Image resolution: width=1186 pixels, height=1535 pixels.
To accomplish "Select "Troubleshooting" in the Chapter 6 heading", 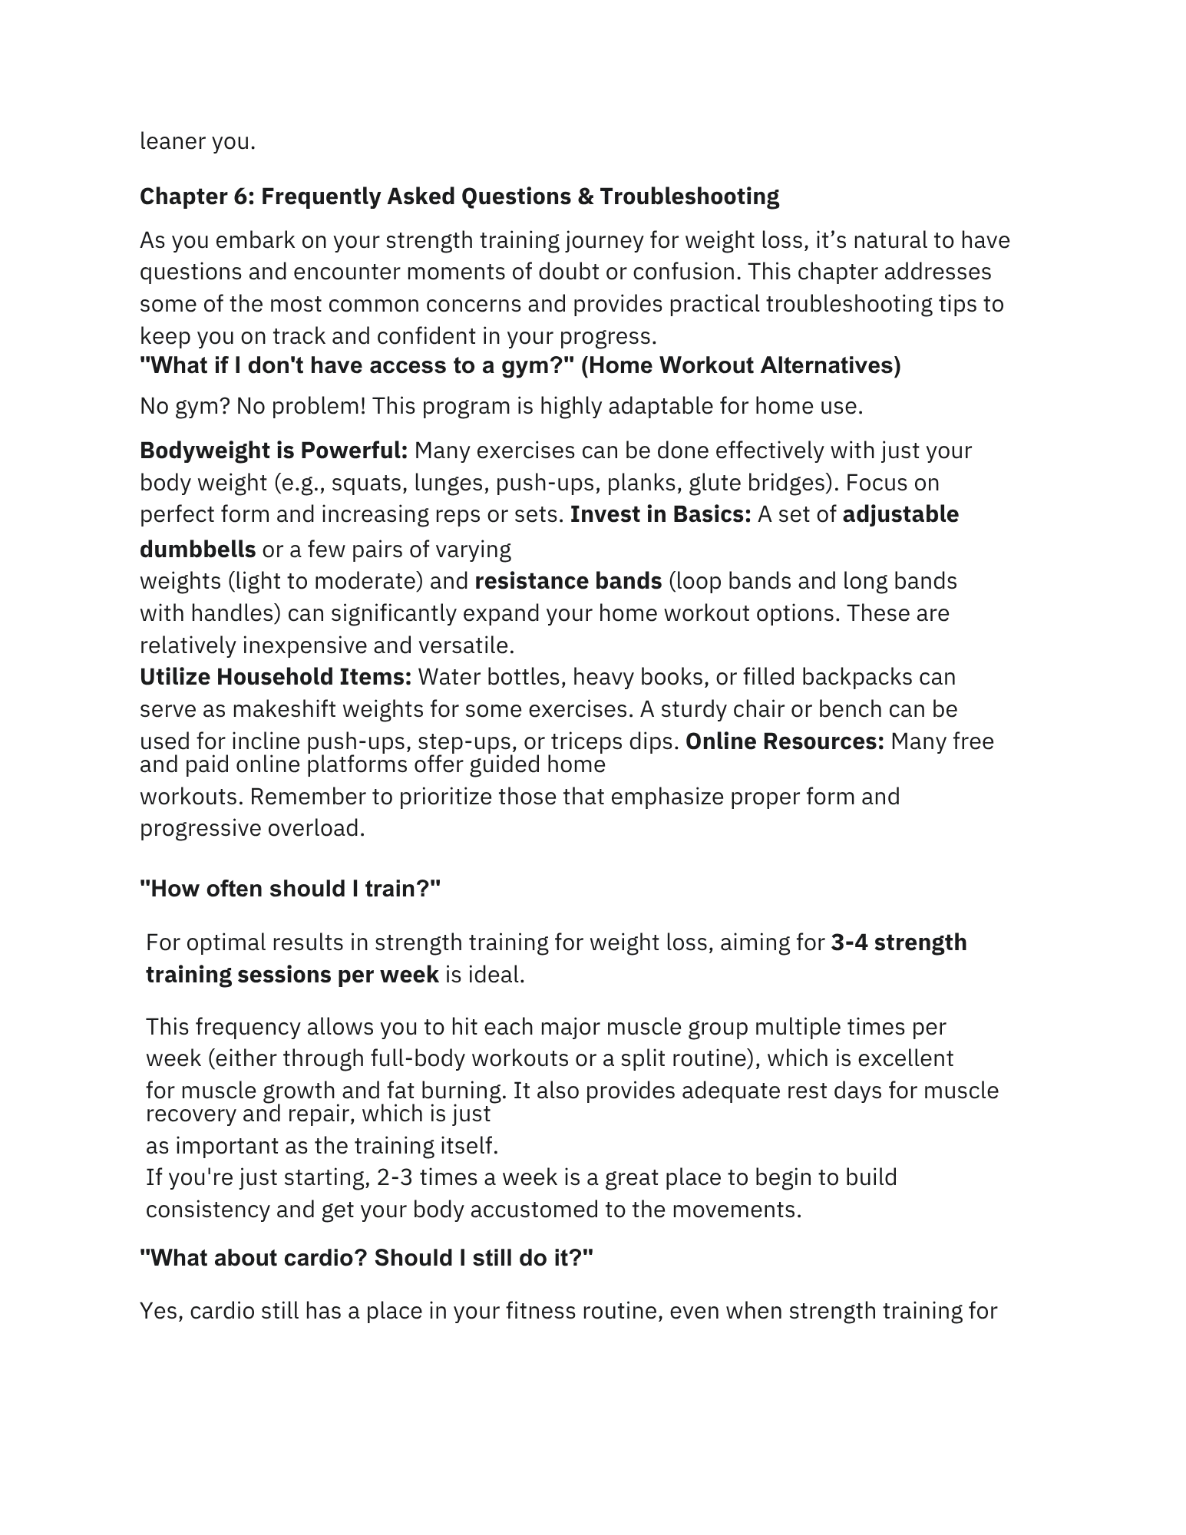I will pos(689,197).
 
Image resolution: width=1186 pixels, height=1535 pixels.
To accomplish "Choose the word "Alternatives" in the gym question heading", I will pos(830,366).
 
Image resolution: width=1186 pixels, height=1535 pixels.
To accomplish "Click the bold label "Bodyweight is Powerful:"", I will pos(273,451).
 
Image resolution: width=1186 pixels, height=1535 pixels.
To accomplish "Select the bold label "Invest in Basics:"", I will pos(660,514).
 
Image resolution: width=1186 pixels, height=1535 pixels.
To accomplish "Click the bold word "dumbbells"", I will pos(197,550).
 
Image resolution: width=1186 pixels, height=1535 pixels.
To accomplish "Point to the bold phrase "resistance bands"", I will pos(568,581).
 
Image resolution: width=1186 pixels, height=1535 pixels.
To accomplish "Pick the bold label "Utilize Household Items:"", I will pos(276,677).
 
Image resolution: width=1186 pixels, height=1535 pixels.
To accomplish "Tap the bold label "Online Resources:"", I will pos(785,741).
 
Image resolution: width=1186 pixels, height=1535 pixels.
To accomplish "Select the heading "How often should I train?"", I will pos(290,889).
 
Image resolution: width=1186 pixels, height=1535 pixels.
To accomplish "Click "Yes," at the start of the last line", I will pos(161,1311).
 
